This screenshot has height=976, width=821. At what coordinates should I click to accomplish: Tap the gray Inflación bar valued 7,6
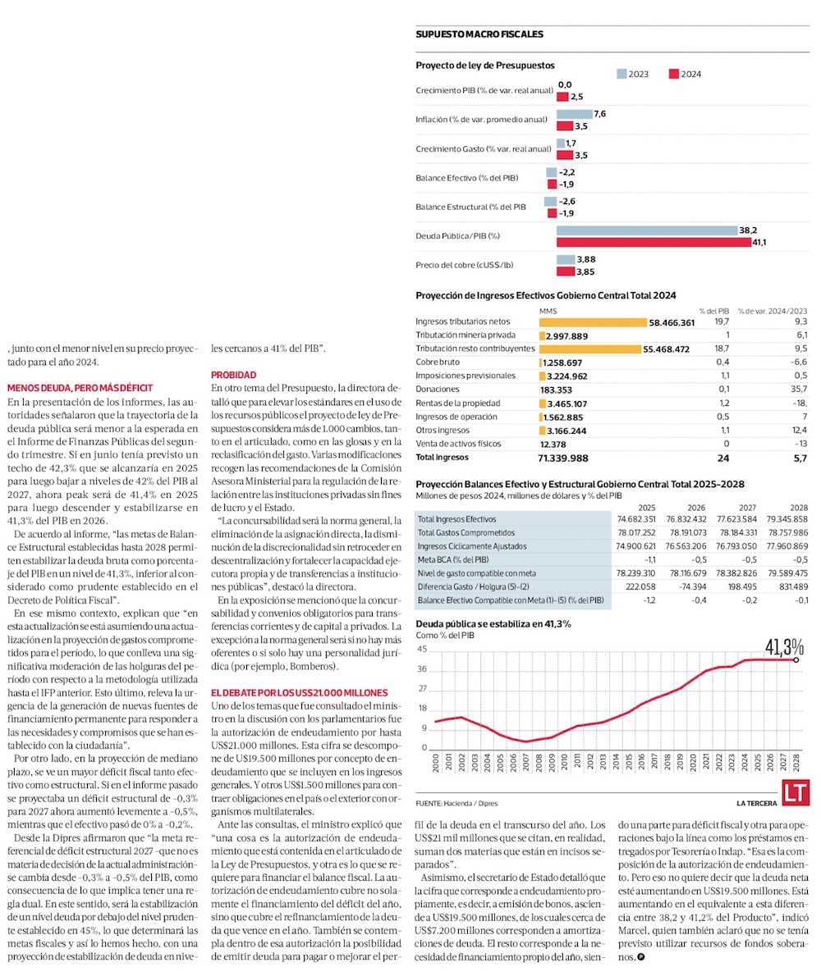[574, 114]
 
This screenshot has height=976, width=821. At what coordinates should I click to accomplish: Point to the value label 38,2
[747, 230]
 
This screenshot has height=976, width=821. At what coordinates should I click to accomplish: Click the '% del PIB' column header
[713, 311]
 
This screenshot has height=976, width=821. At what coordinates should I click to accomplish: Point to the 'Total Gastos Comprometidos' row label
[461, 532]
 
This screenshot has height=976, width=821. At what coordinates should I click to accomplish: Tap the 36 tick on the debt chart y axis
[422, 668]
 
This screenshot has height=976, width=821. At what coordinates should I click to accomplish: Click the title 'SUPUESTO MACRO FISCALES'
[479, 34]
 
